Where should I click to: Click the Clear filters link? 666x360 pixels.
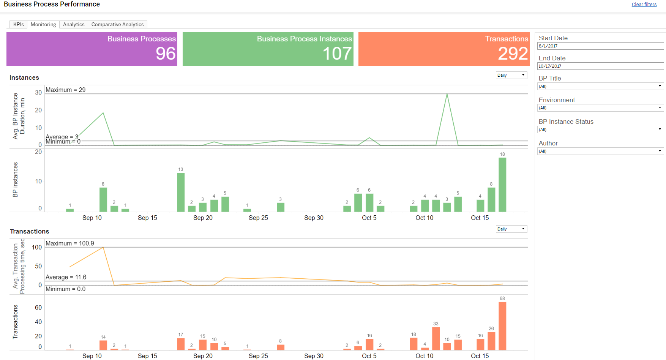tap(644, 5)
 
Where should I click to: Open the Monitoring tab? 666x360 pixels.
tap(43, 24)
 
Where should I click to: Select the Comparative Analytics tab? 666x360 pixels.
tap(117, 24)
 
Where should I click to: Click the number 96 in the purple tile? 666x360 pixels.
tap(166, 54)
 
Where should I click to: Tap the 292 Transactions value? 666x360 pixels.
tap(513, 54)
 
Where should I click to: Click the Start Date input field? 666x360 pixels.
tap(600, 46)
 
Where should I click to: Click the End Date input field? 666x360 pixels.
tap(600, 66)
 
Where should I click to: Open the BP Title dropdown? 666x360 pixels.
tap(600, 86)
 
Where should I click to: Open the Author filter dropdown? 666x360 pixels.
tap(600, 151)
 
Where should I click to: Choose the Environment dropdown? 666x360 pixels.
tap(600, 108)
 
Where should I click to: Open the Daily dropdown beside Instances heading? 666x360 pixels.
tap(511, 75)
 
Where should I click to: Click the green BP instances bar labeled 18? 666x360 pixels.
tap(502, 185)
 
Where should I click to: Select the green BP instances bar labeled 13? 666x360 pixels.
tap(181, 192)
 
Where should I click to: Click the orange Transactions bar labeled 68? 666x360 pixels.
tap(502, 326)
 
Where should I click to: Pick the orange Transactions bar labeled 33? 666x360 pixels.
tap(436, 338)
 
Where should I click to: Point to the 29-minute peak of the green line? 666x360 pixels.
tap(447, 94)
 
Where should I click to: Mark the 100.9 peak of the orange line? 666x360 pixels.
tap(103, 247)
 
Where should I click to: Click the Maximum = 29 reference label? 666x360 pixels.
tap(66, 90)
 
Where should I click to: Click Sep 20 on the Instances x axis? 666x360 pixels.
tap(203, 218)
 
